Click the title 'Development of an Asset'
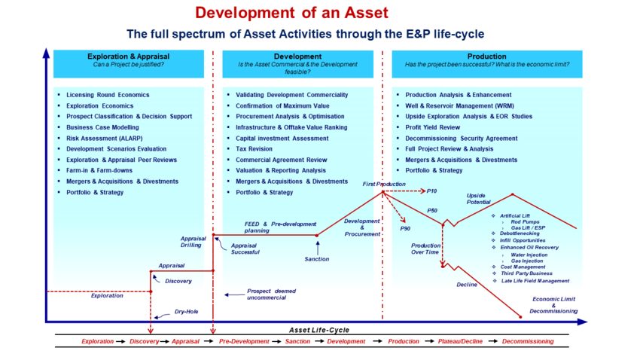click(291, 13)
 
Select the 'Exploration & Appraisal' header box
click(129, 60)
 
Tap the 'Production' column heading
click(486, 56)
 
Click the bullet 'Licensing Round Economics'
click(108, 95)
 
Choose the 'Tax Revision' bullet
click(254, 149)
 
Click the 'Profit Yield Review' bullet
click(432, 127)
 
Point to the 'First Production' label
click(383, 185)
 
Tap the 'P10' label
click(432, 191)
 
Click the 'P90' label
click(405, 227)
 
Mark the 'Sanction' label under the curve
click(316, 259)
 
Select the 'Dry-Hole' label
click(186, 311)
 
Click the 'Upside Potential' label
click(478, 200)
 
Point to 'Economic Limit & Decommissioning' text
click(553, 305)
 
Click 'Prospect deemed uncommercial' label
click(271, 294)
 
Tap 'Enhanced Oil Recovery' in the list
click(529, 247)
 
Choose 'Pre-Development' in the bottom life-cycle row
click(244, 342)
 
